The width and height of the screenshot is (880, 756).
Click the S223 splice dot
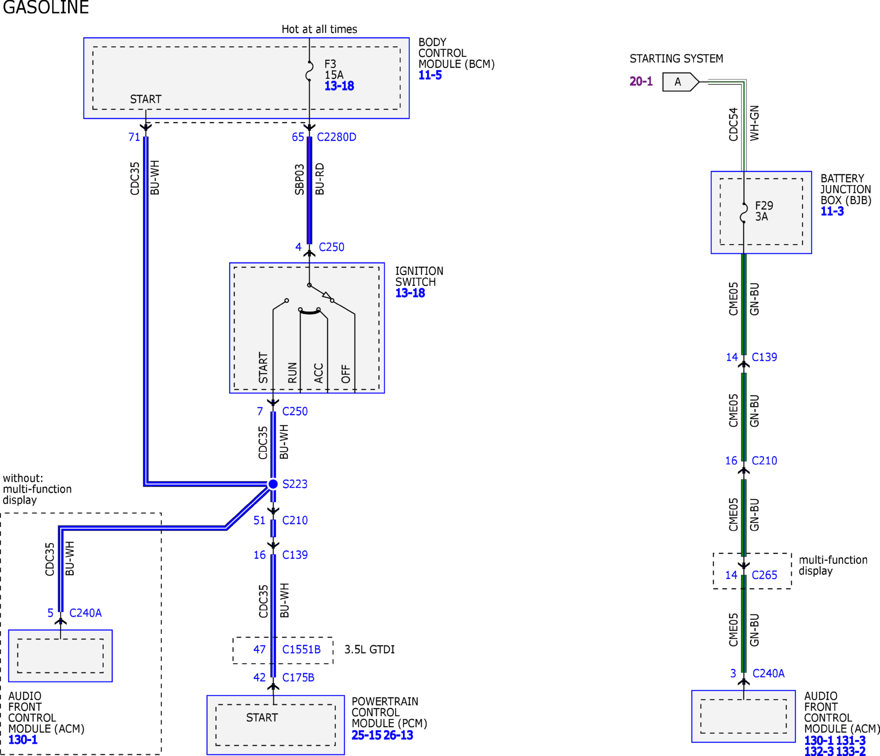[273, 484]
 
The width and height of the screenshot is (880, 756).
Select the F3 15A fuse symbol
[309, 71]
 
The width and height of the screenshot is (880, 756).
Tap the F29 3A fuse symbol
[744, 213]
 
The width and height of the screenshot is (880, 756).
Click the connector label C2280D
[336, 137]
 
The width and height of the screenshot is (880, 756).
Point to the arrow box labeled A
[681, 82]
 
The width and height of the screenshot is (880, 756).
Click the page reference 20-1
[641, 81]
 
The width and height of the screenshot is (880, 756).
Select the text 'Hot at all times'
[319, 29]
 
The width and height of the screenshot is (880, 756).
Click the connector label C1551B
[302, 649]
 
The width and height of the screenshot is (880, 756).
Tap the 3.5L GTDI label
[369, 649]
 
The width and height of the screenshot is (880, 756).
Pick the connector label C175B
[298, 678]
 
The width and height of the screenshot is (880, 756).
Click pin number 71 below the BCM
[134, 137]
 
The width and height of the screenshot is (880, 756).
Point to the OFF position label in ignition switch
[346, 374]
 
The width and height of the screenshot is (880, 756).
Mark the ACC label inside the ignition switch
[319, 373]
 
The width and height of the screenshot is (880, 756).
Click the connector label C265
[764, 575]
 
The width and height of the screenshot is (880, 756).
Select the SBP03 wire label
[300, 179]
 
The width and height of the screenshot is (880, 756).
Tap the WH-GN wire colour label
[754, 123]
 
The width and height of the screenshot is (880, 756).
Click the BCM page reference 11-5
[430, 75]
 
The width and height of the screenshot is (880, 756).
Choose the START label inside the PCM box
[262, 717]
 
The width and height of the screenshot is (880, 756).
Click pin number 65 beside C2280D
[298, 137]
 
